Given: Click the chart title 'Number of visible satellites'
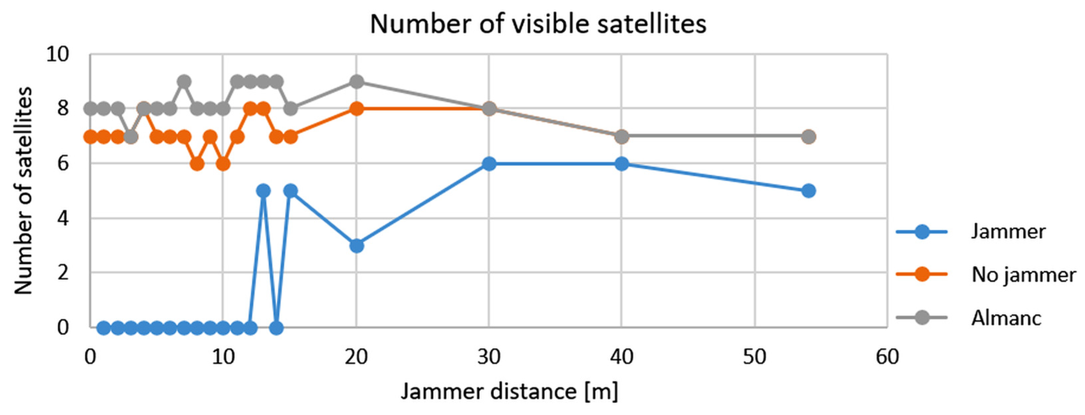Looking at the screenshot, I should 538,24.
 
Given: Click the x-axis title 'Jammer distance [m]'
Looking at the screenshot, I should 509,391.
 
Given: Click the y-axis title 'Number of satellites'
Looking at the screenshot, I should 23,191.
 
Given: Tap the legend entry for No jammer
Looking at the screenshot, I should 1024,275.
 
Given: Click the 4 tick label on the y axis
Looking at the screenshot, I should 63,218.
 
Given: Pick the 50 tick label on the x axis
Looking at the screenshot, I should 754,357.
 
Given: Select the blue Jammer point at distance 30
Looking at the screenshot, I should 489,164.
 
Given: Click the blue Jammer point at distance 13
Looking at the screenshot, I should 263,191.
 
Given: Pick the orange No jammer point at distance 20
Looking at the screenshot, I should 356,109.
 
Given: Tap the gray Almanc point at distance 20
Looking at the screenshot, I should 356,82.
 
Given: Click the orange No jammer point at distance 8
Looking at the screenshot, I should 197,164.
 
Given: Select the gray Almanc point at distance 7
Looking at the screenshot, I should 183,82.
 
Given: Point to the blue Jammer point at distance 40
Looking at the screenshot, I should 622,164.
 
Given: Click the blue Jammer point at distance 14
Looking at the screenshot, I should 276,327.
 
